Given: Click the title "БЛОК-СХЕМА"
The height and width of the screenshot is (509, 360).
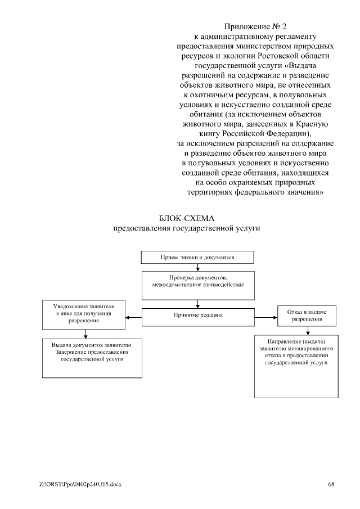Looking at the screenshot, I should (188, 218).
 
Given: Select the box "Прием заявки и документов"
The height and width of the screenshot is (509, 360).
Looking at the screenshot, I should (197, 257).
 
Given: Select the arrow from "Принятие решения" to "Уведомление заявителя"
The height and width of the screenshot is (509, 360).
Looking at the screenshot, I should (133, 318).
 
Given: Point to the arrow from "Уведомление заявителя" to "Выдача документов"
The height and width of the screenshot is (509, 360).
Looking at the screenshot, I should (85, 333).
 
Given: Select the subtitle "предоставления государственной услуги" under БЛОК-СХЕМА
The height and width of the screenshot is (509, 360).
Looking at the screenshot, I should (188, 228).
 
